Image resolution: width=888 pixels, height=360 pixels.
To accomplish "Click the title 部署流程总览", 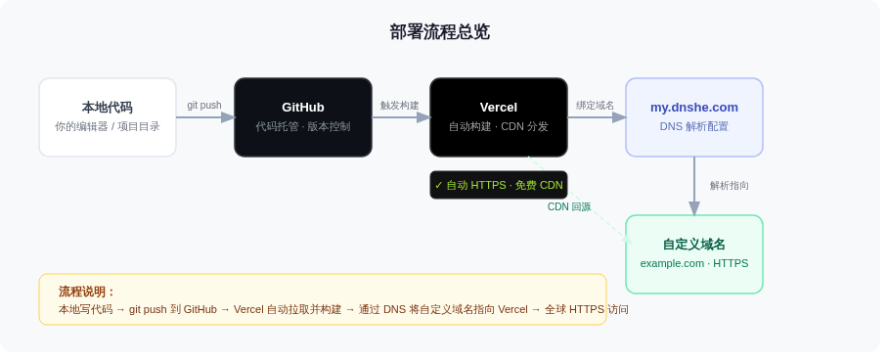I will [439, 32].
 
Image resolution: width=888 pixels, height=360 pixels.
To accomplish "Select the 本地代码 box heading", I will [108, 108].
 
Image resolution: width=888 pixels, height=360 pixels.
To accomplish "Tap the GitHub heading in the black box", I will [303, 108].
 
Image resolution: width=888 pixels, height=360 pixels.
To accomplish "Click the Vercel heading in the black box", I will [499, 108].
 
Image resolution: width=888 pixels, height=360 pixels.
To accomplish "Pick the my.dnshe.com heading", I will [694, 108].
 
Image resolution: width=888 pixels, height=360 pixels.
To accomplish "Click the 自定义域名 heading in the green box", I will [694, 245].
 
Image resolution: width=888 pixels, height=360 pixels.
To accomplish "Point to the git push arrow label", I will [204, 106].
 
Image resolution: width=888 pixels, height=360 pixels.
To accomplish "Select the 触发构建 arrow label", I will [400, 106].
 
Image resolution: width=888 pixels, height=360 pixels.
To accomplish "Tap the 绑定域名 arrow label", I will [596, 106].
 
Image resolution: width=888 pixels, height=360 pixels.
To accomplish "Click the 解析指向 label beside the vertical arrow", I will [730, 186].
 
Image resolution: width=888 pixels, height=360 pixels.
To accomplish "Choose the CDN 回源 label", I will [569, 207].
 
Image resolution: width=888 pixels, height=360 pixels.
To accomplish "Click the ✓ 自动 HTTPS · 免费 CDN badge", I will [499, 185].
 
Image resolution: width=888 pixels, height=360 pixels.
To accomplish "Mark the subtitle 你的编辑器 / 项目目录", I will [108, 126].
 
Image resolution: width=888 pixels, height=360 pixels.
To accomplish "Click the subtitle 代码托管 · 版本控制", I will [303, 126].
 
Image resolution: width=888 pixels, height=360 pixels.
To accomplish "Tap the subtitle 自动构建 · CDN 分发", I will [499, 126].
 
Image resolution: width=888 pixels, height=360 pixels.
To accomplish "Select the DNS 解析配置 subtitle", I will [694, 126].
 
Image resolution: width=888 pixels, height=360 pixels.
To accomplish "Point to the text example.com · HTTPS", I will [694, 263].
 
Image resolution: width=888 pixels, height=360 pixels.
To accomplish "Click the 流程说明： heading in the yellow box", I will [87, 292].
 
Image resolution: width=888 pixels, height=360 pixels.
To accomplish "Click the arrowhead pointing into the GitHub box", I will [229, 117].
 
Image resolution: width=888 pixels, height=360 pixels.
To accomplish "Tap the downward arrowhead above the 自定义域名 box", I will [694, 208].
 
